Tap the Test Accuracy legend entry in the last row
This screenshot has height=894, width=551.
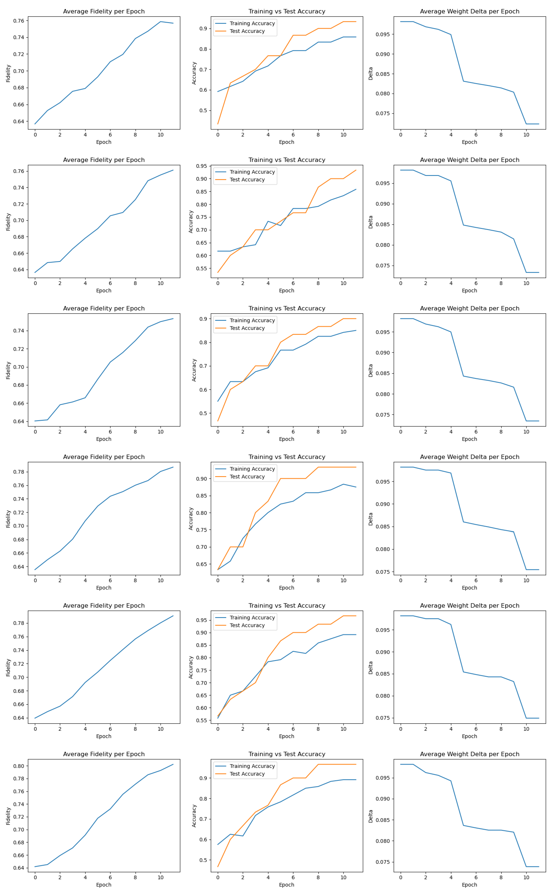tap(247, 774)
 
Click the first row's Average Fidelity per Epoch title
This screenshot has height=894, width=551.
tap(104, 11)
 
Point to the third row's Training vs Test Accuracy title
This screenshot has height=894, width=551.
tap(287, 308)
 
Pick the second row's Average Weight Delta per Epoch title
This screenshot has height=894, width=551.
tap(469, 160)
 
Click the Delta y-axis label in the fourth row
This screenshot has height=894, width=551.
tap(371, 519)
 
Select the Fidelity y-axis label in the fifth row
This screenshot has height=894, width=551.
tap(8, 667)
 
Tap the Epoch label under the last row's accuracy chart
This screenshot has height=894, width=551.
tap(286, 885)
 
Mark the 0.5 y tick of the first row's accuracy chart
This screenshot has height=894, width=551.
tap(203, 110)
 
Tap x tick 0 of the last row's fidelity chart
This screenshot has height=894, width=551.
tap(35, 878)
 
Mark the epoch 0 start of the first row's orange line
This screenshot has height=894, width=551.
tap(218, 124)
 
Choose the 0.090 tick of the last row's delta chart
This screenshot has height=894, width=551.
tap(383, 799)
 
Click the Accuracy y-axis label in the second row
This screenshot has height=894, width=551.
tap(191, 222)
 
